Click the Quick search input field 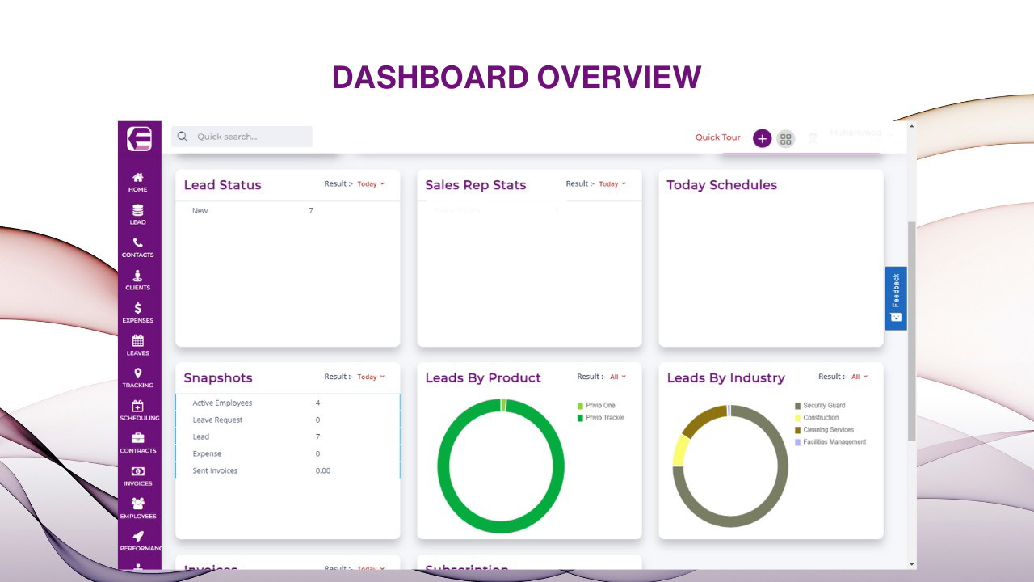242,137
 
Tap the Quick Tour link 717,137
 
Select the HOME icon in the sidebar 138,178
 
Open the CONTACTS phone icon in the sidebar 138,242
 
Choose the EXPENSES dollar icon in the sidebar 138,308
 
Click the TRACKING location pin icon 138,373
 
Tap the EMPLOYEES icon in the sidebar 138,504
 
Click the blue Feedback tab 895,298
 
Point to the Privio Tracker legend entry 605,418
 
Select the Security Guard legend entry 824,406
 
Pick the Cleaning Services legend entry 828,430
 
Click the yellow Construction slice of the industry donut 680,450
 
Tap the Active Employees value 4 317,403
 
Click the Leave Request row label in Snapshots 217,420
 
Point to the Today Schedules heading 721,185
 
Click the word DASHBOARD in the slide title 430,78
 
